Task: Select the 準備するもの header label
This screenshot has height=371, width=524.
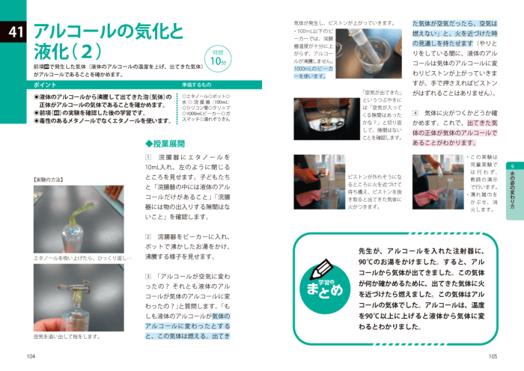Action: (197, 85)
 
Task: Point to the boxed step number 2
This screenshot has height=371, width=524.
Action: (148, 237)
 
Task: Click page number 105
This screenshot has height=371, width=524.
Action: (492, 357)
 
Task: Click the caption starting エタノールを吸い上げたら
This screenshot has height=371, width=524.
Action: (82, 258)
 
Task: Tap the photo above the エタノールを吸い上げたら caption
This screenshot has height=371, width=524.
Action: (78, 219)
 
